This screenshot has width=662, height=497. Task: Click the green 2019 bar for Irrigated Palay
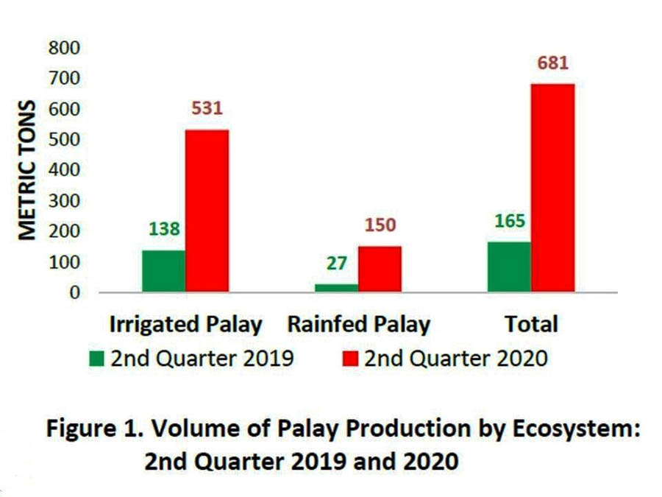163,271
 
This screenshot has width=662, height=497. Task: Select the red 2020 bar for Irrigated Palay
207,211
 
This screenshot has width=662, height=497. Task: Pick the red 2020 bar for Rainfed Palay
380,269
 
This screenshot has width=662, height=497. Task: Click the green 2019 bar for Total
508,267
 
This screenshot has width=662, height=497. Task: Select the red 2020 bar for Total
552,188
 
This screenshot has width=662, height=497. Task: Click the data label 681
552,63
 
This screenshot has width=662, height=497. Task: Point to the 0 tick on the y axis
74,293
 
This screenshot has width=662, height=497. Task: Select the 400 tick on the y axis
65,170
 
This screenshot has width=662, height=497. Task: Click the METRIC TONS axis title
27,169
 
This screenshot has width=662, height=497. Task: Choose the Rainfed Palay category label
358,325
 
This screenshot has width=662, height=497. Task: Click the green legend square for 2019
97,359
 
